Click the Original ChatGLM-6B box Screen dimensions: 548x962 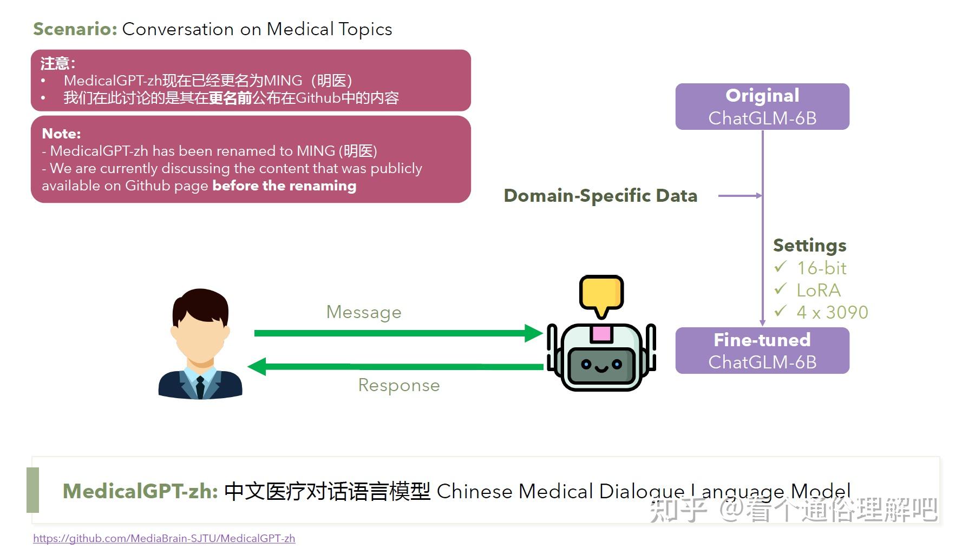click(x=762, y=107)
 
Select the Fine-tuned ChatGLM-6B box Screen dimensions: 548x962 click(x=762, y=351)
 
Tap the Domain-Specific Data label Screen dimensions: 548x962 click(x=600, y=196)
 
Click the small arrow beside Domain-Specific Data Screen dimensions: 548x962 click(x=740, y=196)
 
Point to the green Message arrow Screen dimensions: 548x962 click(x=398, y=333)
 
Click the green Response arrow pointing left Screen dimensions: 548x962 click(x=395, y=367)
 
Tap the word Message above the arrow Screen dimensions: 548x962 click(x=364, y=312)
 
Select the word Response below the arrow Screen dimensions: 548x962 click(x=399, y=385)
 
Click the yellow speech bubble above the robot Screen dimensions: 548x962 click(x=601, y=294)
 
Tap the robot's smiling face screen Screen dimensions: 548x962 click(x=601, y=365)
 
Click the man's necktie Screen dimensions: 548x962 click(x=200, y=386)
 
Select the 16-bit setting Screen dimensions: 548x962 click(x=821, y=268)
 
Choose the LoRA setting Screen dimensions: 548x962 click(x=818, y=290)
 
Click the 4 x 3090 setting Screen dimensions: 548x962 click(x=832, y=313)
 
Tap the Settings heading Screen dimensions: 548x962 click(x=809, y=246)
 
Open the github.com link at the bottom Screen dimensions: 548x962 click(x=164, y=538)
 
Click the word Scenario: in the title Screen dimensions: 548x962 click(x=75, y=29)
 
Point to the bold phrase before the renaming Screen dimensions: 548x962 click(x=284, y=186)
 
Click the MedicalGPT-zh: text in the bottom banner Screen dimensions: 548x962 click(x=140, y=491)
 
